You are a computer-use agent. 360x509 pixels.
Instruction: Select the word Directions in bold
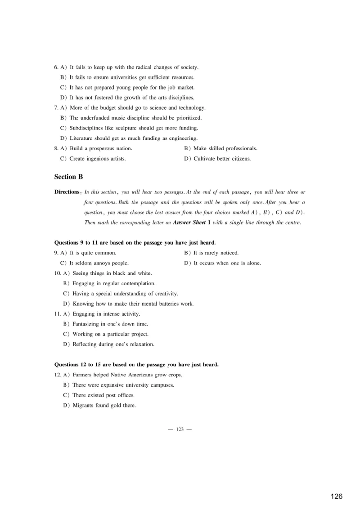tap(67, 192)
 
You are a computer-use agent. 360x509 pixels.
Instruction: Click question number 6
tap(56, 67)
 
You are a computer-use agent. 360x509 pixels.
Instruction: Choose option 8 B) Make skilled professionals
tap(221, 148)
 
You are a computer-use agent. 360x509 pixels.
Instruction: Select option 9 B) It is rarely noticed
tap(211, 253)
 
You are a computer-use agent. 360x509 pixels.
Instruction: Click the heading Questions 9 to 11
tap(135, 242)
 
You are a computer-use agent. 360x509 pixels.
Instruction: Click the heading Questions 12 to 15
tap(136, 364)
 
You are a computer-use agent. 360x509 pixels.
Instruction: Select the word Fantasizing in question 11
tap(87, 324)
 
